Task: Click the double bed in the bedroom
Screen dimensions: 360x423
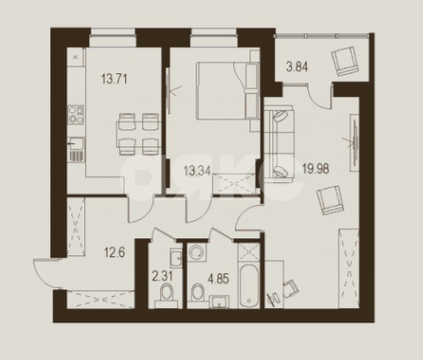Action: point(224,94)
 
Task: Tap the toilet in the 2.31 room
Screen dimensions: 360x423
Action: point(166,294)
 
